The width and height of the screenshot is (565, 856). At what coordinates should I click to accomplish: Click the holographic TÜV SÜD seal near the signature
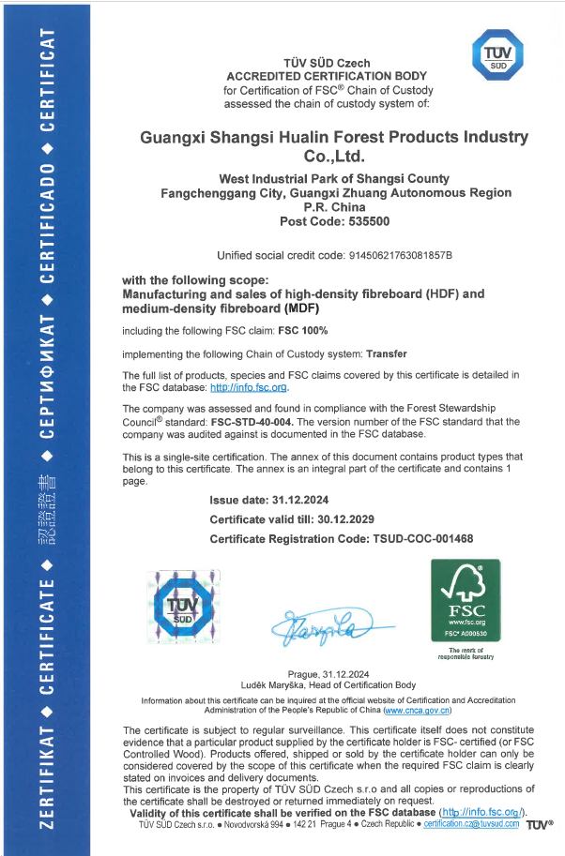[184, 609]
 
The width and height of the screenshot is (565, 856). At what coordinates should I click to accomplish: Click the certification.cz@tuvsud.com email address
[471, 823]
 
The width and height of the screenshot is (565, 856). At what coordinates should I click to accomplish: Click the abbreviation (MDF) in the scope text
[301, 308]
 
